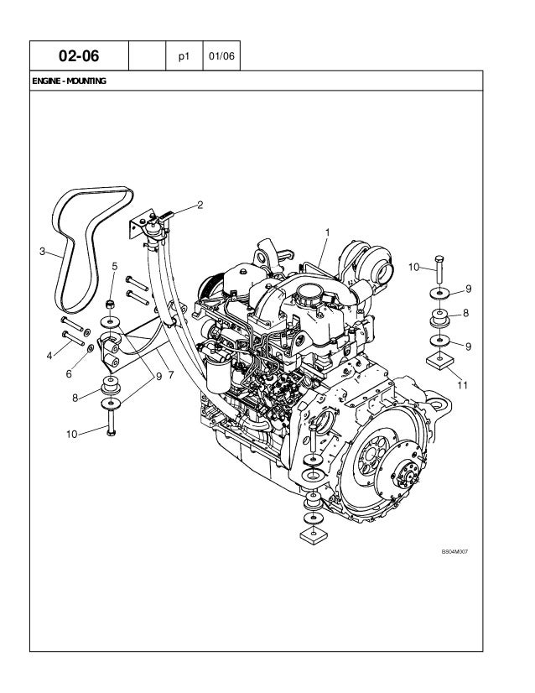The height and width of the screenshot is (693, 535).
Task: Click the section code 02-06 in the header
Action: pos(78,57)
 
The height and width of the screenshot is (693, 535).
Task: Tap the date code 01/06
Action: pos(222,57)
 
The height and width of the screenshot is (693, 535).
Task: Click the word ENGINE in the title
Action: pos(47,82)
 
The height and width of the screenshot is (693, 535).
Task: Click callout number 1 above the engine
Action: pos(327,231)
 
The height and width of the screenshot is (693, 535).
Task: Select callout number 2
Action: pos(200,204)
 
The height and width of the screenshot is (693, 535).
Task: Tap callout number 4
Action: pos(49,355)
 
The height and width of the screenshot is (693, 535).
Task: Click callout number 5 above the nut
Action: pos(114,266)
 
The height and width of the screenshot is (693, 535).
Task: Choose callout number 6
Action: pos(69,374)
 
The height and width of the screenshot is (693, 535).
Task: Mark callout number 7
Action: pos(170,373)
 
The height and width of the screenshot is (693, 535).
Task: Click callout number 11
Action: pos(462,385)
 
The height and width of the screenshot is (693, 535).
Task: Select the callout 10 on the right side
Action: pos(413,267)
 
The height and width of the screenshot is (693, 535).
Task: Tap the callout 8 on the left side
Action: pos(75,398)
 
